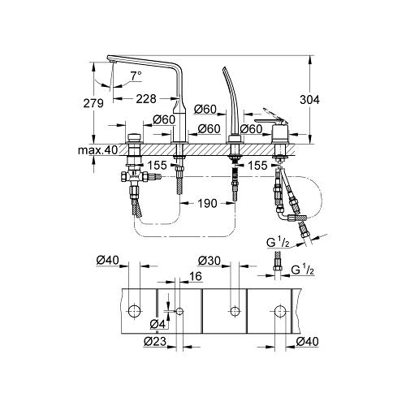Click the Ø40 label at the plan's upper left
coord(107,260)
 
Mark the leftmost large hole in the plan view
coord(134,310)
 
